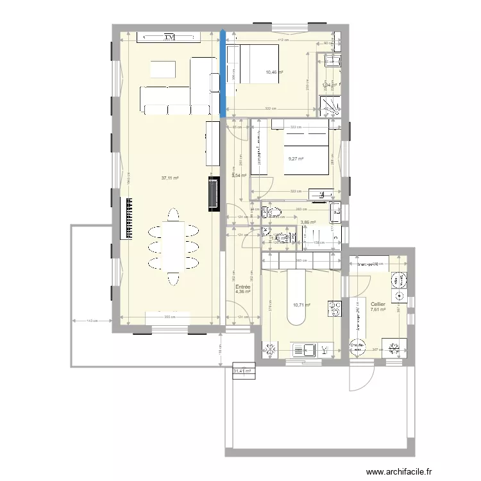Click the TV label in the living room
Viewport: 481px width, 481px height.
pos(169,37)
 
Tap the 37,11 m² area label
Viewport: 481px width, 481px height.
pos(169,178)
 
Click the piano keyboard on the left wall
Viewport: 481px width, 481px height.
pos(126,218)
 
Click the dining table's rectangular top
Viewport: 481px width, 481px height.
pos(173,246)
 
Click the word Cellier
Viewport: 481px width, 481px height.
pos(378,303)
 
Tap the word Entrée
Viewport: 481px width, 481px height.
pos(242,287)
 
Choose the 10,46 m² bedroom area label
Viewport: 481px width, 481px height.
pos(274,72)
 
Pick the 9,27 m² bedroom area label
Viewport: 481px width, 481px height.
pos(296,159)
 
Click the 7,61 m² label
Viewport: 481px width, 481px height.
pos(378,310)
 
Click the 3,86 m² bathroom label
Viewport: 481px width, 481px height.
pos(308,222)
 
